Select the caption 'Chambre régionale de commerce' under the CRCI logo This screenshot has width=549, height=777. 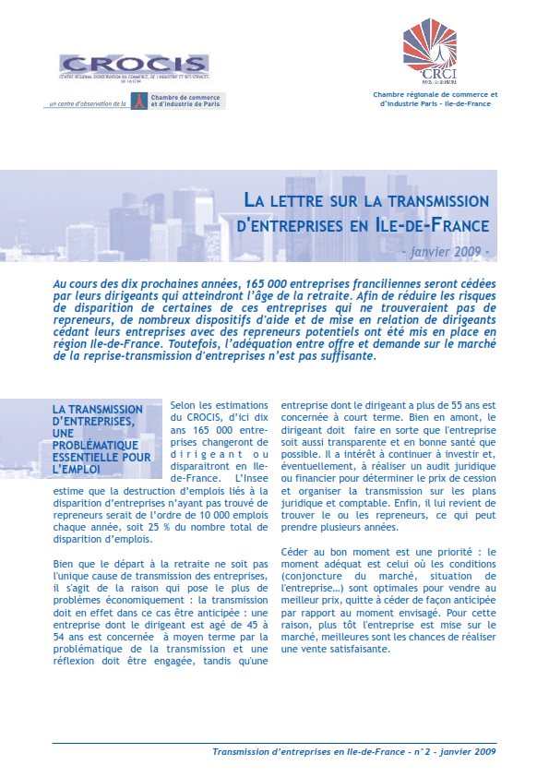click(435, 94)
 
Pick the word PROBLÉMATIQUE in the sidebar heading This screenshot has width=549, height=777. click(98, 445)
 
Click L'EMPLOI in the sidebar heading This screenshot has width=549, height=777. click(81, 469)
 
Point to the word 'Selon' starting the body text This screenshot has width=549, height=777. click(185, 405)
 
